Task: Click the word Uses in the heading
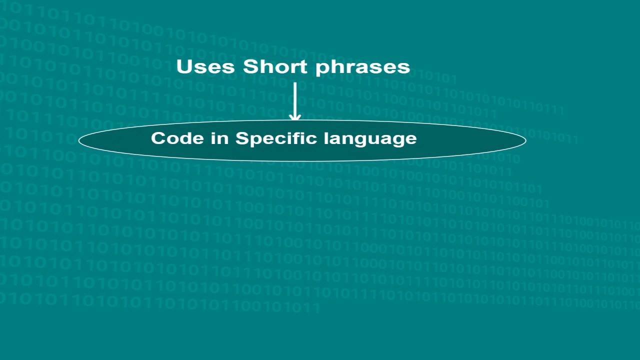click(x=206, y=66)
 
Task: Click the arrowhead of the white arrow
click(x=295, y=117)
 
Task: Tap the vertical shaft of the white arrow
click(x=295, y=97)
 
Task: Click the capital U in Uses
click(x=184, y=66)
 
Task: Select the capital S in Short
click(x=249, y=66)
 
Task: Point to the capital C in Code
click(x=158, y=138)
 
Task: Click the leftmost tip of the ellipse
click(x=79, y=140)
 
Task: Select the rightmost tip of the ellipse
click(x=525, y=140)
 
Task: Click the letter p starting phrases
click(x=320, y=69)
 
